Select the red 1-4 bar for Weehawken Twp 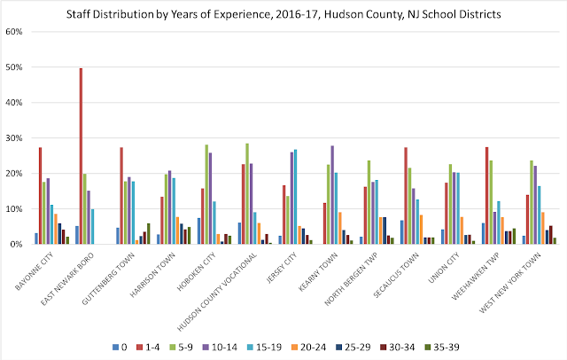[x=487, y=195]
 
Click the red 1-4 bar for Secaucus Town [x=405, y=195]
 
